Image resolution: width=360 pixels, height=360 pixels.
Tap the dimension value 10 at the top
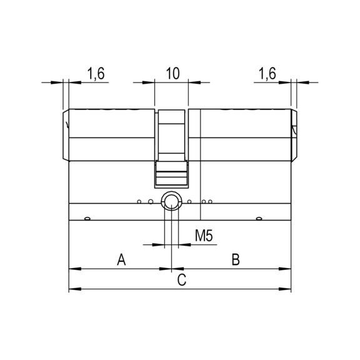click(172, 73)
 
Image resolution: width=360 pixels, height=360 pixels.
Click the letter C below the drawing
click(181, 281)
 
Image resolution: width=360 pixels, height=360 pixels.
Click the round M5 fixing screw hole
click(170, 201)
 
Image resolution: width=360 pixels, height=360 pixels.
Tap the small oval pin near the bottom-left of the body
click(86, 218)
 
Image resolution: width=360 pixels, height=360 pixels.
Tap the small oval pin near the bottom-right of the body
click(258, 218)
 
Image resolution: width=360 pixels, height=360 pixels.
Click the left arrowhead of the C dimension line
click(72, 289)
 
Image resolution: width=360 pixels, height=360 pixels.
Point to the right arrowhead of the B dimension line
click(287, 269)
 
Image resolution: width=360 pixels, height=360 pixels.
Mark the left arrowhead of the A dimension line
click(72, 269)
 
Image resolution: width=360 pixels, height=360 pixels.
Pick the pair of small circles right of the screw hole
click(209, 201)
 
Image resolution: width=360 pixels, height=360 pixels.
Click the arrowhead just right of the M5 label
click(182, 244)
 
